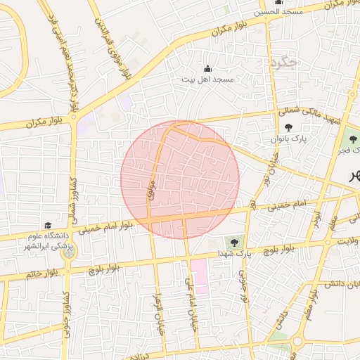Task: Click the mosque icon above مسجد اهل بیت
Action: (x=207, y=69)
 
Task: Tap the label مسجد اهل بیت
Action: (x=207, y=80)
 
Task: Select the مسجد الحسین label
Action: (x=278, y=12)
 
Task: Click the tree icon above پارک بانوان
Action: (x=289, y=127)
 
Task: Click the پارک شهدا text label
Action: (x=233, y=252)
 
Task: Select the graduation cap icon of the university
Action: (x=48, y=225)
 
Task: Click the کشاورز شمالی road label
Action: (x=71, y=196)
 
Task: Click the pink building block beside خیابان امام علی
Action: (x=200, y=276)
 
